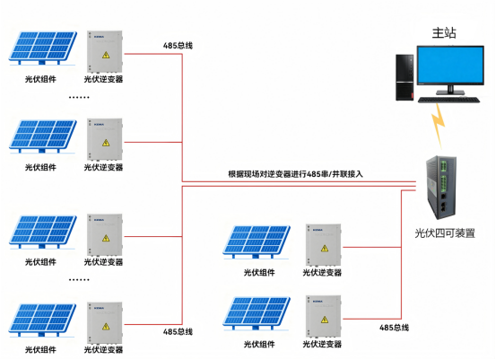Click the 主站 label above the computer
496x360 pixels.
444,32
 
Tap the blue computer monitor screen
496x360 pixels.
450,65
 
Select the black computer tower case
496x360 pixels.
405,77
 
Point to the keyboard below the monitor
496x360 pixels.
448,100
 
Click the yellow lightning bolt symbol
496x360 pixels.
438,126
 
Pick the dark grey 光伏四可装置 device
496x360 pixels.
441,187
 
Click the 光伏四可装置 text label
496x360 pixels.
445,233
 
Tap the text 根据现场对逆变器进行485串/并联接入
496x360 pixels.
295,174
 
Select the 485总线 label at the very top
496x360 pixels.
178,46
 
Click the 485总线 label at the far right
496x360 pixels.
394,328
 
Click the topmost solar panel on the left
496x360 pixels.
43,48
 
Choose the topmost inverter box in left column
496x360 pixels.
104,51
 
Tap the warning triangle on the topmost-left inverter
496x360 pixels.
106,55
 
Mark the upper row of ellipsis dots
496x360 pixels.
79,97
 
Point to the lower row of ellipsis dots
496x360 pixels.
79,280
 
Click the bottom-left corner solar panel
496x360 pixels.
43,320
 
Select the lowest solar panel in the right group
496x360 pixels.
257,312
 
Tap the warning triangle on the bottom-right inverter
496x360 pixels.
324,320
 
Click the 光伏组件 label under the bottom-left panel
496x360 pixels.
40,349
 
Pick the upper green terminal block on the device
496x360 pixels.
443,167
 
